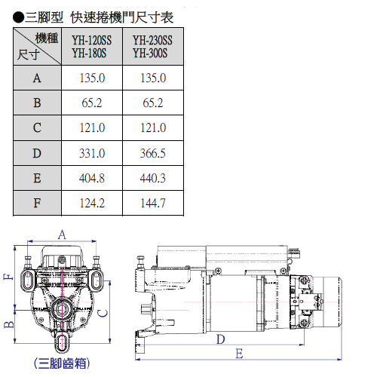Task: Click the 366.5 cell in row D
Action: (x=153, y=153)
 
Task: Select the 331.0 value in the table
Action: (x=92, y=153)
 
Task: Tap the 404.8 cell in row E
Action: (x=92, y=178)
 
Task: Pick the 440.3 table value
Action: (x=153, y=178)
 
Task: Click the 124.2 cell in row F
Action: (x=92, y=203)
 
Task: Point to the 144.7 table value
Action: (x=153, y=203)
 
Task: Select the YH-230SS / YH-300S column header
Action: (x=152, y=47)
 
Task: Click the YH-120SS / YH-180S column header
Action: (x=91, y=47)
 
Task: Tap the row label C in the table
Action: (x=37, y=127)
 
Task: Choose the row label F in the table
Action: (x=37, y=203)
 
